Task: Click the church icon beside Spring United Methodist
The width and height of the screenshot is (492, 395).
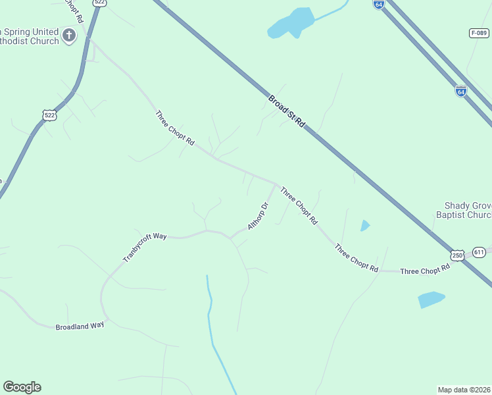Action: pyautogui.click(x=69, y=33)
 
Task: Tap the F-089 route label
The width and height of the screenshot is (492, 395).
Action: pyautogui.click(x=480, y=32)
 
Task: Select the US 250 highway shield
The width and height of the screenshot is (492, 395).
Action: pyautogui.click(x=457, y=255)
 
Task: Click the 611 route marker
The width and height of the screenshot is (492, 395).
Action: pyautogui.click(x=479, y=252)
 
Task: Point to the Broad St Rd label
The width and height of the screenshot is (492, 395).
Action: pyautogui.click(x=287, y=111)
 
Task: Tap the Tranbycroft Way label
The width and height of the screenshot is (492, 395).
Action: pyautogui.click(x=145, y=246)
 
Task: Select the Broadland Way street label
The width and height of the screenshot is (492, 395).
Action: pyautogui.click(x=80, y=326)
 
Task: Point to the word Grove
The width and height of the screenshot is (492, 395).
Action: pyautogui.click(x=482, y=205)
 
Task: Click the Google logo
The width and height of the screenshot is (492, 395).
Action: pyautogui.click(x=22, y=387)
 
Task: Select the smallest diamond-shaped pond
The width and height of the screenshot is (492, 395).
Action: pyautogui.click(x=365, y=226)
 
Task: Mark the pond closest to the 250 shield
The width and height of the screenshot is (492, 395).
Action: pyautogui.click(x=431, y=300)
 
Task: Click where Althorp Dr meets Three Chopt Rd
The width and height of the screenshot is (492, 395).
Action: pyautogui.click(x=276, y=184)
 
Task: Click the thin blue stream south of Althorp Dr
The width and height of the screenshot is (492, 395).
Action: pyautogui.click(x=212, y=323)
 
